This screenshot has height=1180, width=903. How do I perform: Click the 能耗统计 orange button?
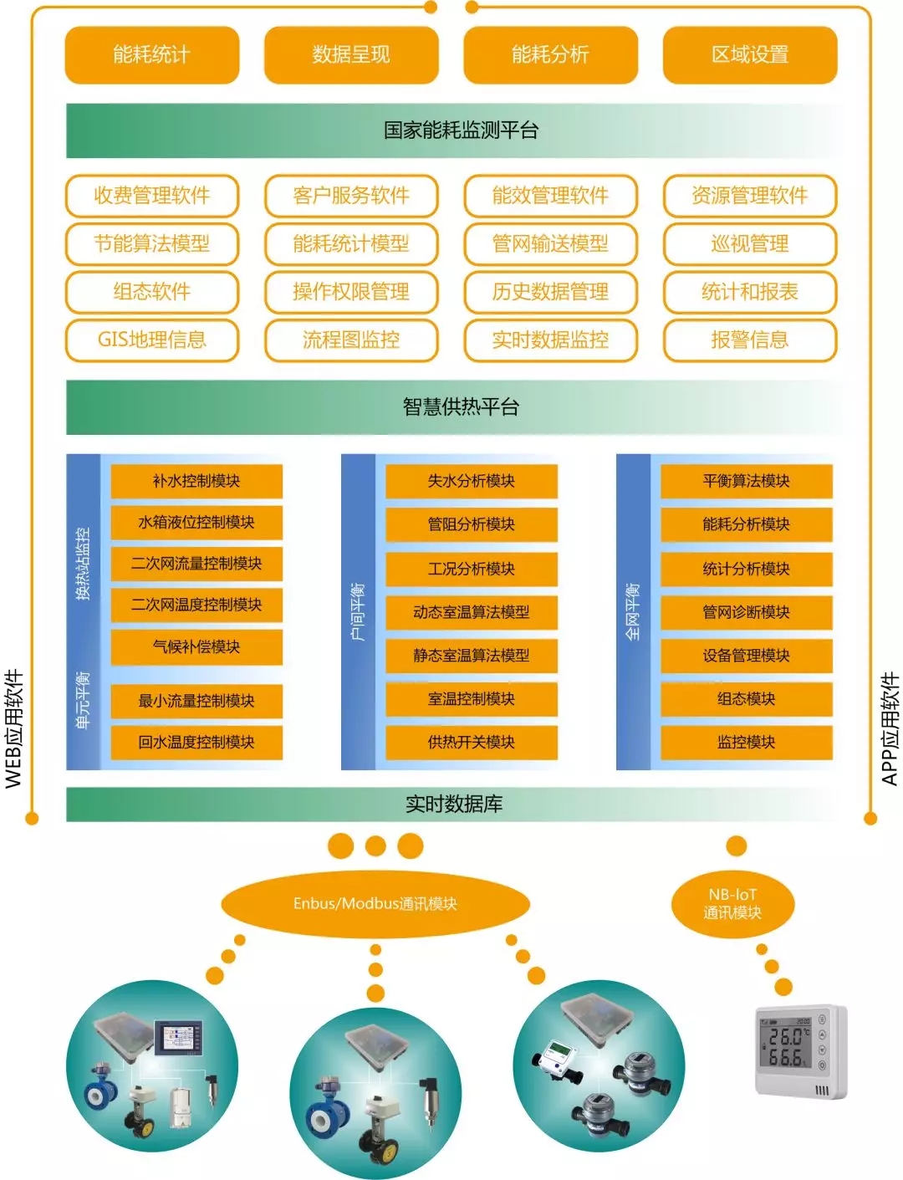[x=152, y=55]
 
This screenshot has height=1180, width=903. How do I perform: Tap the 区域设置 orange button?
[x=750, y=55]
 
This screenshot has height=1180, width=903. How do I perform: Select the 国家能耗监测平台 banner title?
[x=461, y=130]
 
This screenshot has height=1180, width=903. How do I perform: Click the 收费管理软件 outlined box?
[x=152, y=196]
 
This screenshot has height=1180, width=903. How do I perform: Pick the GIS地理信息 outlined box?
[x=152, y=340]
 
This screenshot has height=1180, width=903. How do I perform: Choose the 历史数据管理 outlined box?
[x=550, y=292]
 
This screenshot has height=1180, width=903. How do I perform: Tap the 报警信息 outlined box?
[x=750, y=340]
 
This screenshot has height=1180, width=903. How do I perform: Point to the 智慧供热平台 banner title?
[x=461, y=407]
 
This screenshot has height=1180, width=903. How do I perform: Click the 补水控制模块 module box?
[x=196, y=481]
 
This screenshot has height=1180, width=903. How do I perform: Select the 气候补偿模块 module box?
[x=196, y=646]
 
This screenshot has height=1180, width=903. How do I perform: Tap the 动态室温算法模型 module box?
[x=472, y=612]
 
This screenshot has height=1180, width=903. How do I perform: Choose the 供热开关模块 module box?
[x=472, y=742]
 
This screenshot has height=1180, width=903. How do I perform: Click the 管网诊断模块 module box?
[x=747, y=612]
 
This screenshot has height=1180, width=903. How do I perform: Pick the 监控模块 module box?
[x=747, y=742]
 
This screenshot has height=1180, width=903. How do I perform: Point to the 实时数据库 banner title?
[x=454, y=805]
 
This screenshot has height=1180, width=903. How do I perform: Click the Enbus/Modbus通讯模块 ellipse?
[x=375, y=904]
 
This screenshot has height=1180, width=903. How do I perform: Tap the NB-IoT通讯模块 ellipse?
[x=732, y=904]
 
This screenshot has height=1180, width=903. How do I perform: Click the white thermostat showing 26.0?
[x=800, y=1051]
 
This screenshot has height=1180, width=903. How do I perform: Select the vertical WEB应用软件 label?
[x=14, y=728]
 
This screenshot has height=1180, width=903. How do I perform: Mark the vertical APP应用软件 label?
[x=890, y=728]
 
